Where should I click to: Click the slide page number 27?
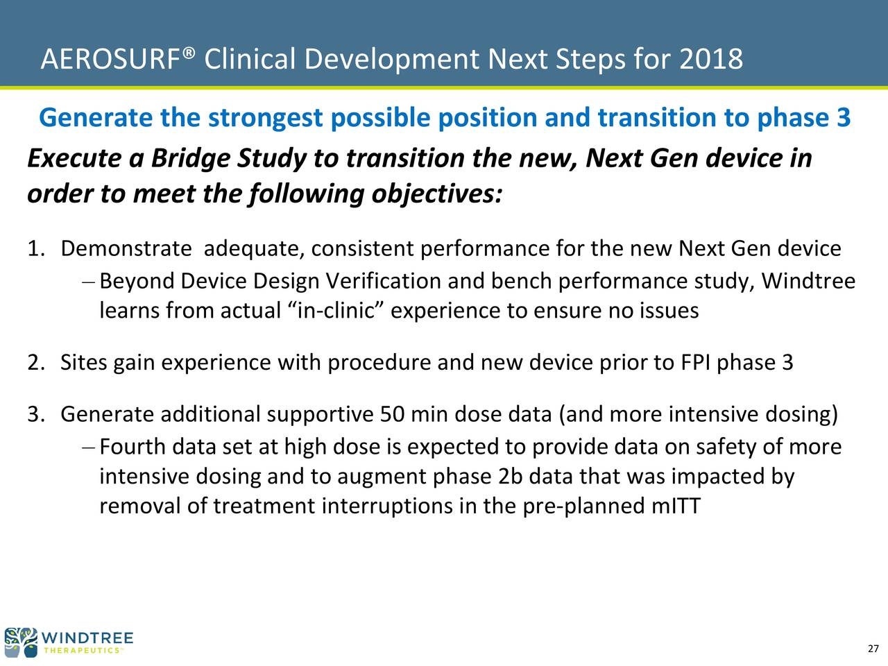coord(873,649)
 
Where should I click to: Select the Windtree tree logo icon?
coord(21,642)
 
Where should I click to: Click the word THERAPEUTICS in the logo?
coord(82,651)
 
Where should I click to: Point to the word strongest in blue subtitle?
coord(264,118)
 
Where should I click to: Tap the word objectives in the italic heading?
coord(436,194)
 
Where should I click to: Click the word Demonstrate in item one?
coord(126,248)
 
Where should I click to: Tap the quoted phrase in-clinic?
coord(336,311)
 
